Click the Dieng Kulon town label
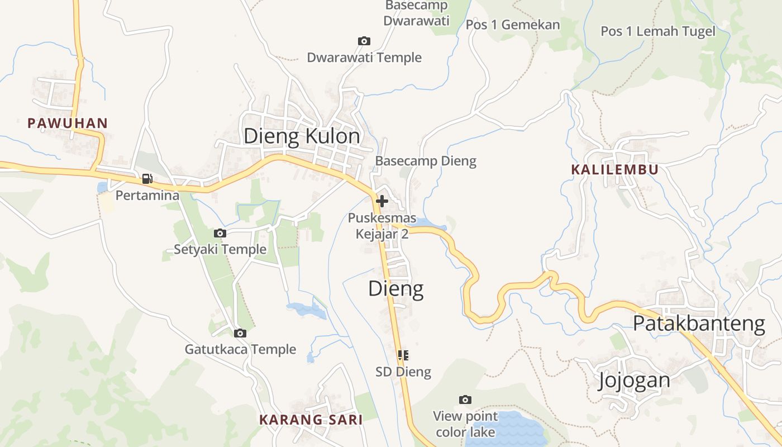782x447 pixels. pos(302,136)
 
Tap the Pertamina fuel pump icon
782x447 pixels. pos(147,179)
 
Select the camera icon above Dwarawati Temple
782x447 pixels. pos(364,41)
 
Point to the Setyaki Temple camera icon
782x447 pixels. pos(220,233)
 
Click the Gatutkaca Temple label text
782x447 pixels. pos(240,349)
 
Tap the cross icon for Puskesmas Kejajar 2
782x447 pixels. pos(382,201)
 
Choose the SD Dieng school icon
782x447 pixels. pos(403,355)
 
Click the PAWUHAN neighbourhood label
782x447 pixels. pos(68,123)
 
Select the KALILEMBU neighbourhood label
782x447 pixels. pos(614,169)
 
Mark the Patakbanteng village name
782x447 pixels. pos(698,323)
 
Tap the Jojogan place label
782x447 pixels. pos(634,380)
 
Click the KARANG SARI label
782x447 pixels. pos(311,419)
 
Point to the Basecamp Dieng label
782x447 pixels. pos(426,161)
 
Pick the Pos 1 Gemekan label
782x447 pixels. pos(512,25)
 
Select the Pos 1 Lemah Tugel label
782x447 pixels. pos(657,31)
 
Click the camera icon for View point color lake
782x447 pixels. pos(465,400)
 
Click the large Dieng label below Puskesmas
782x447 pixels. pos(395,288)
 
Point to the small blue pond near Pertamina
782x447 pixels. pos(102,187)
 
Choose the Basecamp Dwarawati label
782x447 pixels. pos(417,13)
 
